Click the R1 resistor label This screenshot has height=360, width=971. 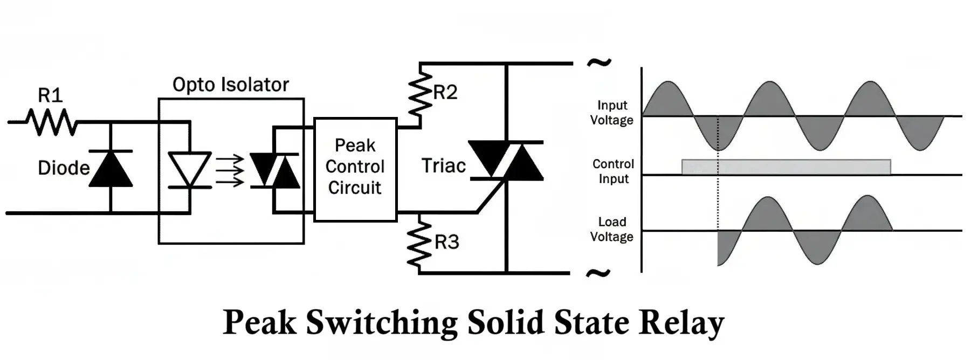pos(50,95)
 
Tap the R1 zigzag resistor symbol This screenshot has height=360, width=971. pos(51,122)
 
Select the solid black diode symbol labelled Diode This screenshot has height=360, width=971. pos(111,169)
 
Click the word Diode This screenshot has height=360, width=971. pos(64,168)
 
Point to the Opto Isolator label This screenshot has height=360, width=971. pos(230,85)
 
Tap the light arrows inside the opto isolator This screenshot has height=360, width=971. pos(230,170)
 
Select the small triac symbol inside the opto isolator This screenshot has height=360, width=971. pos(274,170)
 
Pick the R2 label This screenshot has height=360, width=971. pos(445,93)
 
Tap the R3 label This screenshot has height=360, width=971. pos(447,243)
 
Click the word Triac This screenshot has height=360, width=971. pos(443,166)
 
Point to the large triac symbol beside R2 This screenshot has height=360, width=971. pos(506,160)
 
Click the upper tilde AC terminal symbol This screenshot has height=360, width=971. pos(598,63)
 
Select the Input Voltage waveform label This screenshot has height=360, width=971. pos(611,113)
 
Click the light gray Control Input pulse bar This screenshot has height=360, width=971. pos(786,167)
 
